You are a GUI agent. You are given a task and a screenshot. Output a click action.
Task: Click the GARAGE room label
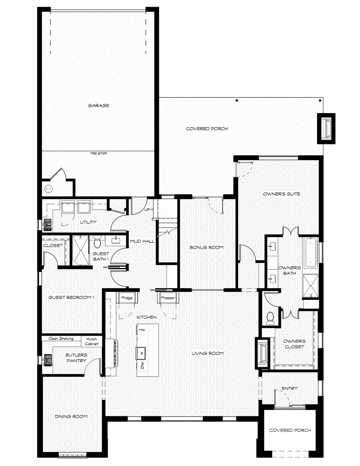pos(98,106)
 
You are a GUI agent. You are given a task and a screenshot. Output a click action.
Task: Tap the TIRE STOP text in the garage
pos(98,153)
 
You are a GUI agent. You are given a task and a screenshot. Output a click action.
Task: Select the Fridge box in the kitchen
pos(127,298)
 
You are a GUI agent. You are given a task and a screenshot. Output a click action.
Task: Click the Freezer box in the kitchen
pos(168,298)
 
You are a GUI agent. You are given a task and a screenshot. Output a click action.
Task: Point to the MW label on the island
pos(142,330)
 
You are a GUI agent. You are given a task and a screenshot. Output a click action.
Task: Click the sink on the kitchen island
pos(141,353)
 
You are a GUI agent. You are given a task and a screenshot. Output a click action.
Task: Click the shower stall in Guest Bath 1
pos(80,251)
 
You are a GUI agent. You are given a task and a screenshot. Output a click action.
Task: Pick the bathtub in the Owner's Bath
pos(311,252)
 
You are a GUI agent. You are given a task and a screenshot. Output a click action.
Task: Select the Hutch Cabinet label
pos(91,341)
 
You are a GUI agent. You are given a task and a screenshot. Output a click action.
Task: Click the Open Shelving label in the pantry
pos(61,339)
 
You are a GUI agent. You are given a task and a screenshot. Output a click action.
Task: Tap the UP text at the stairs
pos(147,209)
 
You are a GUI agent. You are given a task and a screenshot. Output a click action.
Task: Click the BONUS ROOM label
pos(206,247)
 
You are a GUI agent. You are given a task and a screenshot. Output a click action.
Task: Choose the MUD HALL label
pos(142,241)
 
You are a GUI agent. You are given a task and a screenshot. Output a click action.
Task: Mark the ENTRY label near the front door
pos(290,388)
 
